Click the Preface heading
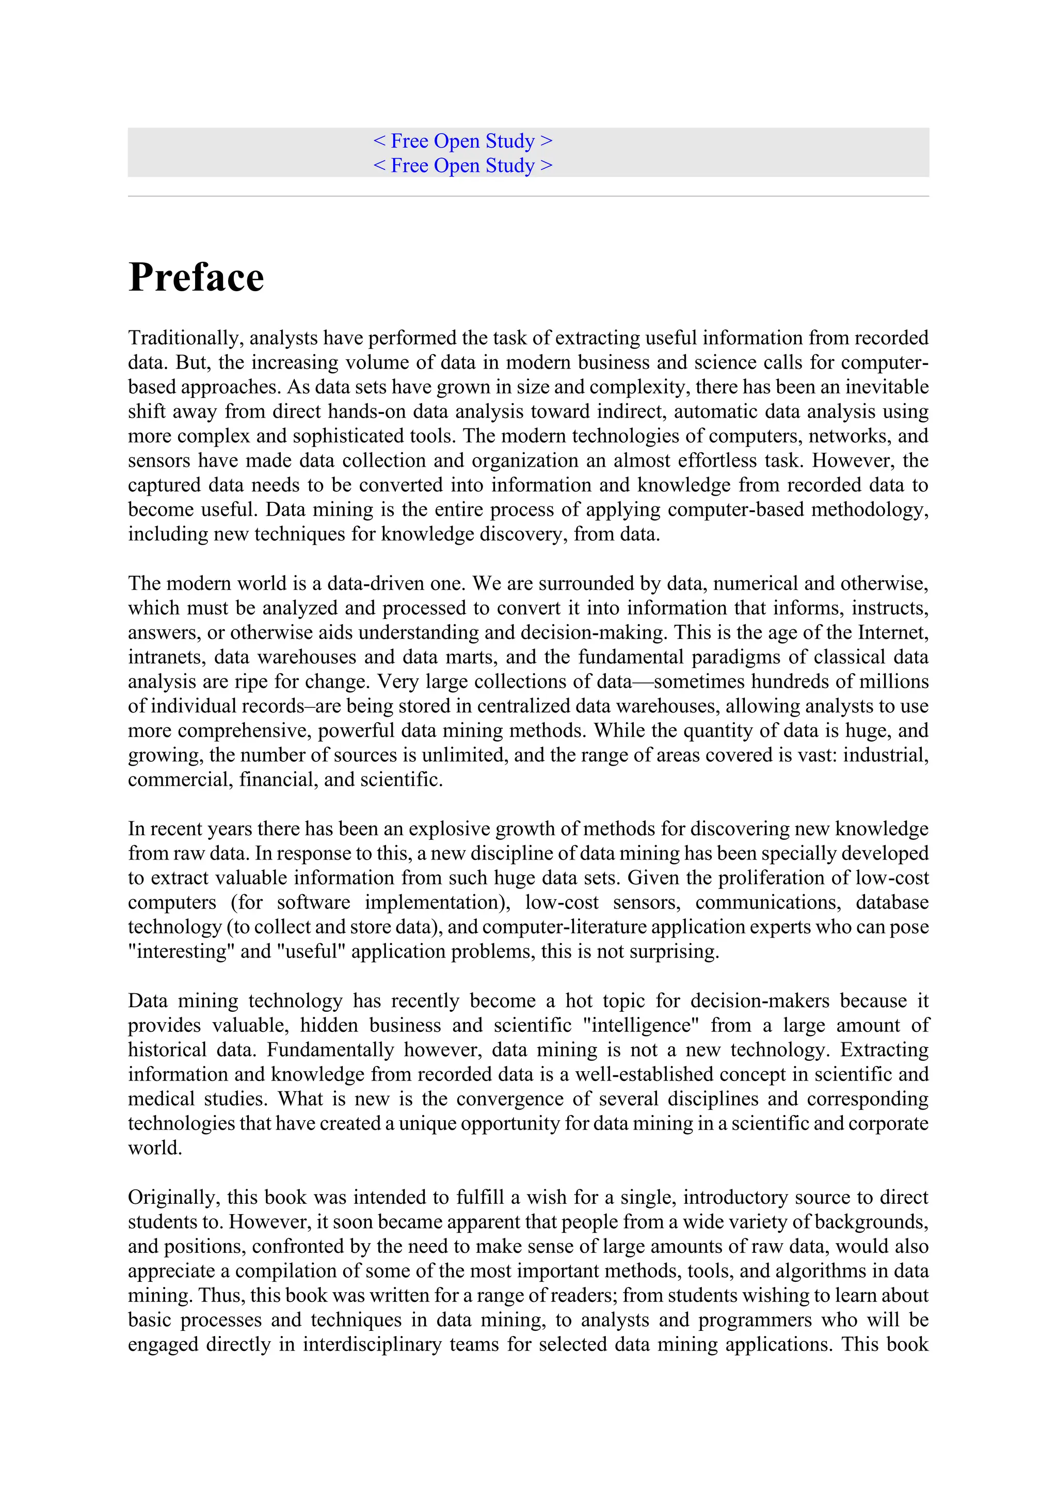coord(196,277)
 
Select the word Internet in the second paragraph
coord(892,632)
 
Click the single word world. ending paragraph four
coord(155,1148)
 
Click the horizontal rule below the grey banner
coord(528,196)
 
